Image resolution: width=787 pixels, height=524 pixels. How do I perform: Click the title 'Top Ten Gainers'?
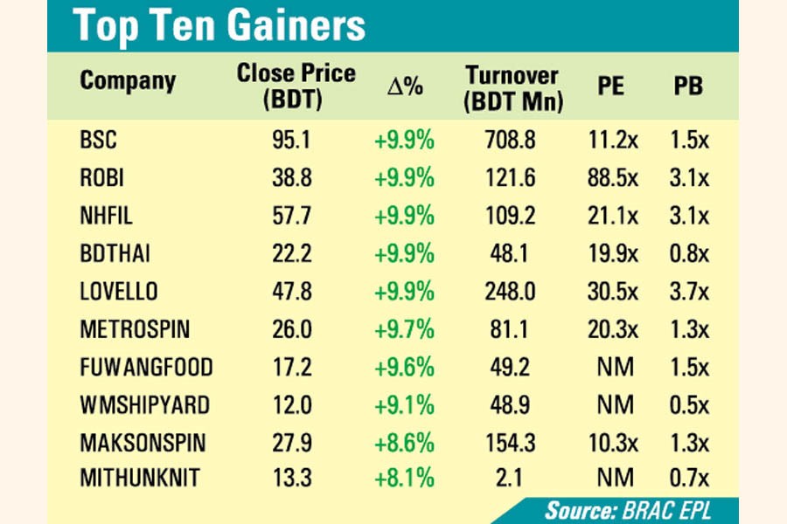click(x=219, y=25)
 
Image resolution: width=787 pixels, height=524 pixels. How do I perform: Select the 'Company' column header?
click(x=128, y=81)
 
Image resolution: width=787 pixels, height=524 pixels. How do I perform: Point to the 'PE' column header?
click(x=611, y=88)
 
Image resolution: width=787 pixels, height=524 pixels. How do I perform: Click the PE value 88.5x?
click(x=611, y=178)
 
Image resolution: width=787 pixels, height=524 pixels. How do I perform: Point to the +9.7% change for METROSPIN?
click(x=404, y=329)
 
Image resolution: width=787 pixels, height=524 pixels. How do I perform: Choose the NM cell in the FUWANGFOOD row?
click(x=611, y=367)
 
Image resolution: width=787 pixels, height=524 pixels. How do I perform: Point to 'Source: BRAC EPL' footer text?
click(x=628, y=510)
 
